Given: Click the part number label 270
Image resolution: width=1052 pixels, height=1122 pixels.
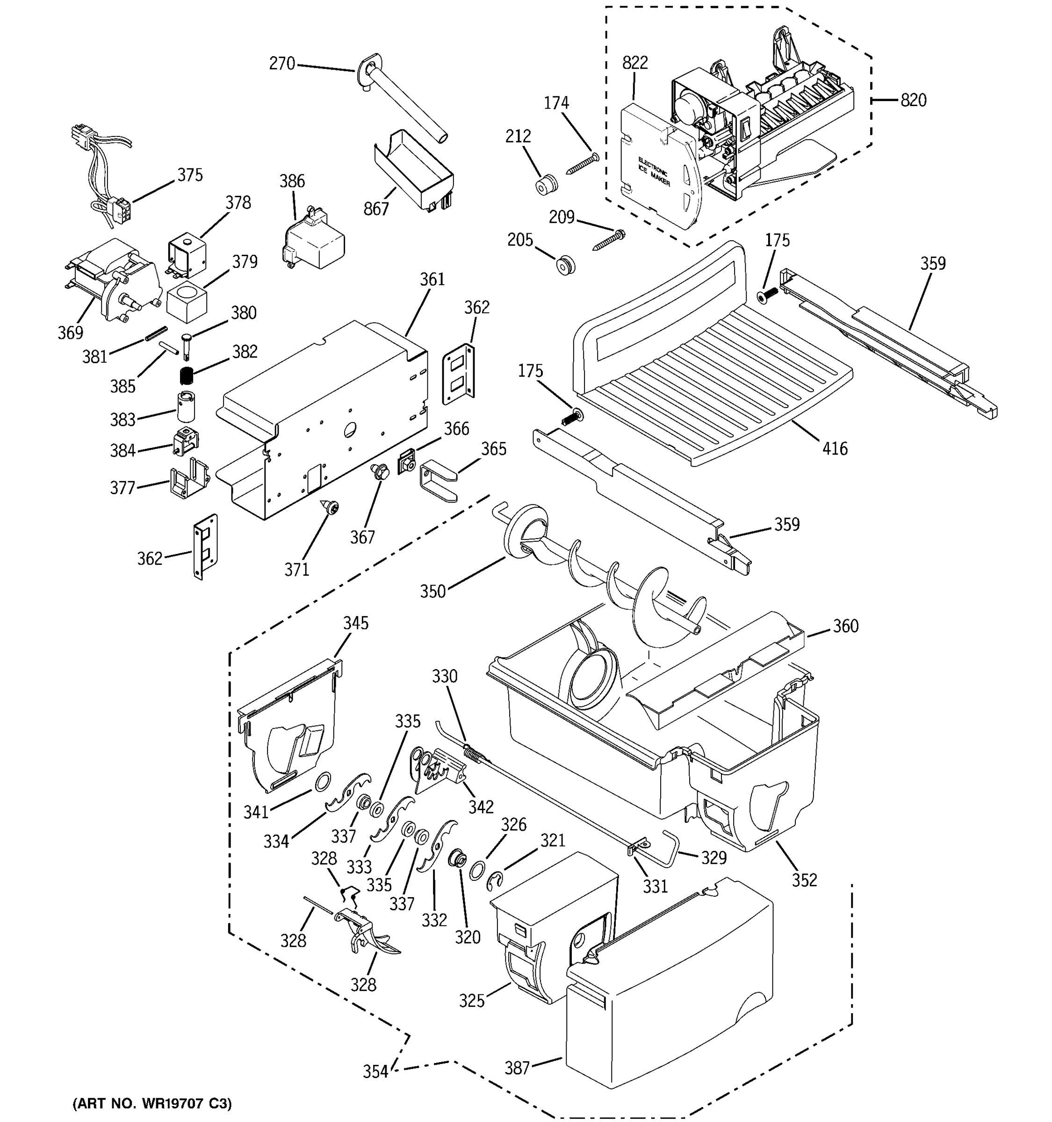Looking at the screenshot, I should pos(281,64).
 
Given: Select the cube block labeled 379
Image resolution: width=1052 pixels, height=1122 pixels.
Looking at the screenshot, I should pos(186,302).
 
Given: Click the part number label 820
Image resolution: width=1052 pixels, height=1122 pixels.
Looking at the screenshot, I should pos(913,101).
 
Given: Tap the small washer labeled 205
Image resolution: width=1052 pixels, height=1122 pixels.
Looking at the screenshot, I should pos(564,265).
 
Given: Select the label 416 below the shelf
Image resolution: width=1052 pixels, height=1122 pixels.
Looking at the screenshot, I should pos(834,449).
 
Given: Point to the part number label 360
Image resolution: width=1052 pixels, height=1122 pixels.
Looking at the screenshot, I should pos(845,626).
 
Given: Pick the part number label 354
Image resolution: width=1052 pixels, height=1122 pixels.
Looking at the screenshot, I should pos(375,1071).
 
